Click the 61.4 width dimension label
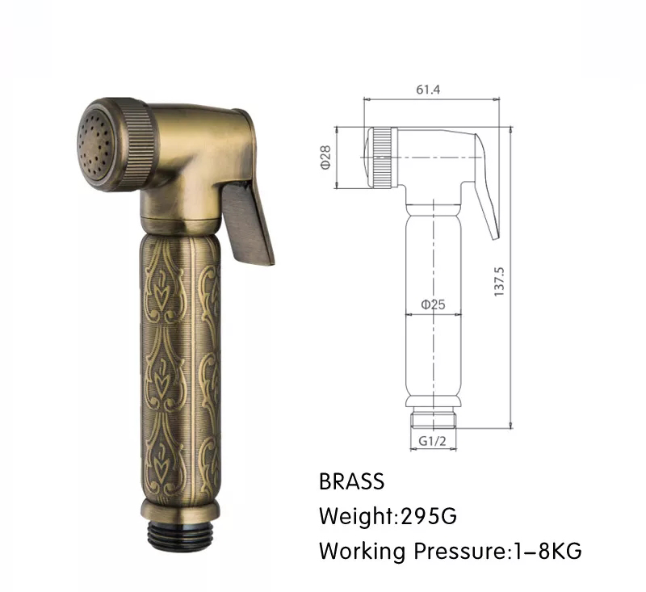[x=428, y=90]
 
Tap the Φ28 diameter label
[x=325, y=157]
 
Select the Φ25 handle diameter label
[x=433, y=304]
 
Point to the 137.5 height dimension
[x=499, y=282]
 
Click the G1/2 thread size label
[x=432, y=441]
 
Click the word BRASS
[x=352, y=481]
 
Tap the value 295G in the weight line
[x=429, y=516]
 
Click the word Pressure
[x=459, y=551]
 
